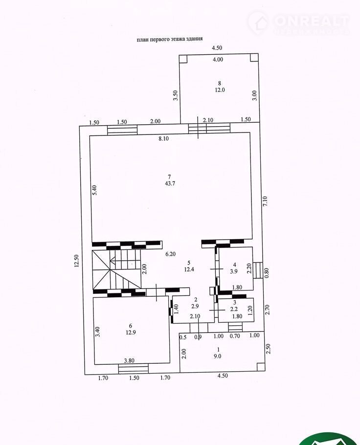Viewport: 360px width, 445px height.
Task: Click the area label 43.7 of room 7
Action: (170, 183)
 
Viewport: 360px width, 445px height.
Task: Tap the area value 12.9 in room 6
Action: (131, 333)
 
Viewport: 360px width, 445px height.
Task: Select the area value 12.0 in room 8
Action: (220, 90)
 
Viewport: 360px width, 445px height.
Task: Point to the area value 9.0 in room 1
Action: (218, 356)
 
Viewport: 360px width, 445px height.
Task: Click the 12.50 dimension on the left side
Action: (76, 261)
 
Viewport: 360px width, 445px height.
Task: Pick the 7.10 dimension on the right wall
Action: (265, 201)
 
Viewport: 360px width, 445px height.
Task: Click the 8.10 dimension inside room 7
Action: (163, 138)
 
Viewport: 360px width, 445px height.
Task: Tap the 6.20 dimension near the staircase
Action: (170, 254)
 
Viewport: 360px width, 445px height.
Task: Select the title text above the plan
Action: (170, 39)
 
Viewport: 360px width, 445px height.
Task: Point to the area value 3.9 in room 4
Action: (234, 271)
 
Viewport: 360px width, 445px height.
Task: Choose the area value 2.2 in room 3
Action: (234, 310)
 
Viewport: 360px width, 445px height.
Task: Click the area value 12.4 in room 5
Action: (189, 269)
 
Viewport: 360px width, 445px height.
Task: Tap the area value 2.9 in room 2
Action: (195, 306)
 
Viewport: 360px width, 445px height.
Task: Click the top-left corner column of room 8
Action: (184, 59)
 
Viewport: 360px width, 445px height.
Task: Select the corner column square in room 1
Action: (261, 367)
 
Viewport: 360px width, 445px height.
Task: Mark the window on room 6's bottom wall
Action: (134, 369)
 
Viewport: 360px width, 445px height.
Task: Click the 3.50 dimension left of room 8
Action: (176, 95)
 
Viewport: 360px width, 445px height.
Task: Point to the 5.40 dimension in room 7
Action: (95, 190)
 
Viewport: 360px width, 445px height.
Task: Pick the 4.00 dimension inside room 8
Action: (218, 59)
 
